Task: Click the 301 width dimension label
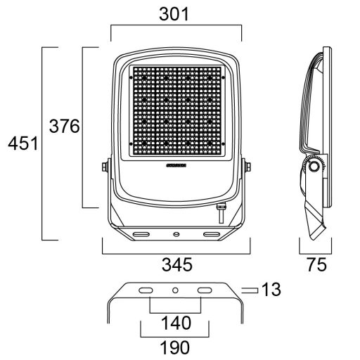point(176,14)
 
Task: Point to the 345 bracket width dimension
point(176,264)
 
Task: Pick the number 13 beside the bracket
point(271,289)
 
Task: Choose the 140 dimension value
point(176,323)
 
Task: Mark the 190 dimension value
point(176,347)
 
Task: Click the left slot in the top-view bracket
point(146,290)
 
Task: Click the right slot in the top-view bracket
point(205,290)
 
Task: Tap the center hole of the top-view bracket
point(176,290)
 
